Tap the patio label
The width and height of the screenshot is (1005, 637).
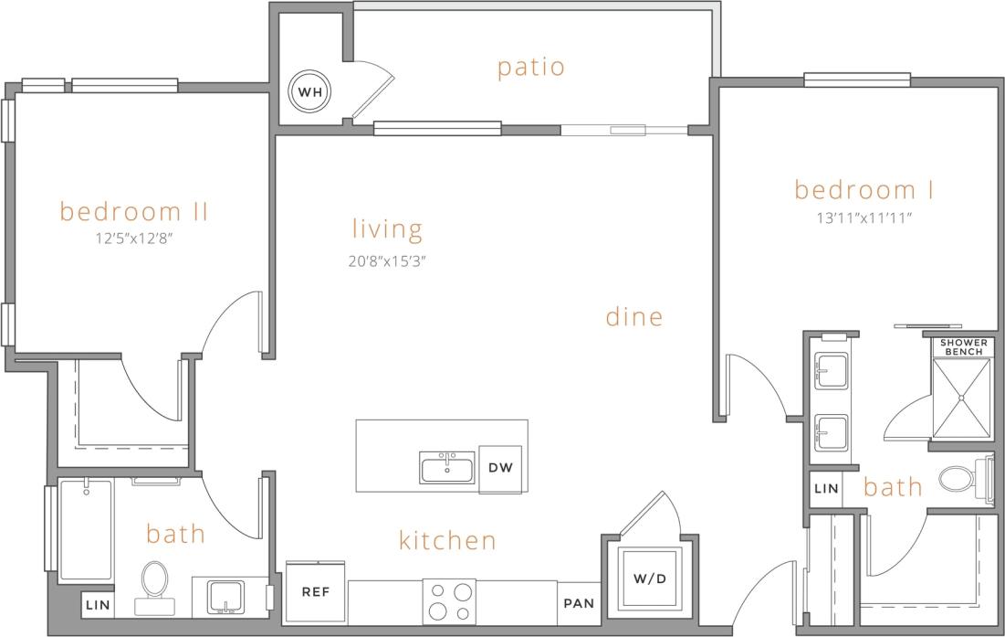[x=530, y=68]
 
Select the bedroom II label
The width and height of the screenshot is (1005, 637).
[x=134, y=212]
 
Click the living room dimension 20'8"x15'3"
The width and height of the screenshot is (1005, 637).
[x=387, y=260]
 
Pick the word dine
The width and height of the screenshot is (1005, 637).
[x=633, y=317]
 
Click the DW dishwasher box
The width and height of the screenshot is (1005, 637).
[x=500, y=468]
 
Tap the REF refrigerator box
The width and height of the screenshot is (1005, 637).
[x=316, y=591]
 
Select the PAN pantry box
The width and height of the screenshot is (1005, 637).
[x=578, y=603]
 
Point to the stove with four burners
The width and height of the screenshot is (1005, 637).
[x=449, y=601]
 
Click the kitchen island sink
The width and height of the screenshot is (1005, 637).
[x=447, y=468]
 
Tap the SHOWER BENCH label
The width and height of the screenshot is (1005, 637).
[x=963, y=347]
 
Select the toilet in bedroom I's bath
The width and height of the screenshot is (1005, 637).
[x=960, y=477]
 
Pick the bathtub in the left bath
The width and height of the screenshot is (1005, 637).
[x=87, y=530]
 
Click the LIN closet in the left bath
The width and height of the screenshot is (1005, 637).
[x=96, y=604]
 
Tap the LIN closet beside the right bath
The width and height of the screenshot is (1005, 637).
[x=825, y=489]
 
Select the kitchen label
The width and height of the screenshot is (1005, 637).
[x=447, y=540]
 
